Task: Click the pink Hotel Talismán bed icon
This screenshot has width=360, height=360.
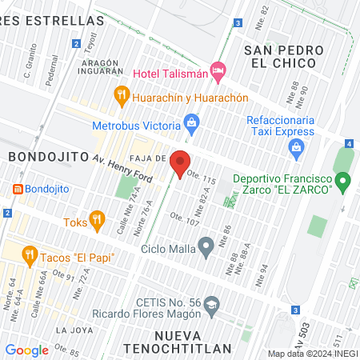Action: click(217, 71)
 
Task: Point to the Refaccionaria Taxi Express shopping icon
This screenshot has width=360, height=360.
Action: click(297, 147)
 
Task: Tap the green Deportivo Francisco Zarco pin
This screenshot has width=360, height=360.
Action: click(343, 183)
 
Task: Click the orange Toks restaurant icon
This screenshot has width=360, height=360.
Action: click(97, 218)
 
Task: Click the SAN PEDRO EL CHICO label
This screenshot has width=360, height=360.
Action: click(283, 58)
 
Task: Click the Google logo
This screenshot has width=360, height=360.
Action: click(26, 350)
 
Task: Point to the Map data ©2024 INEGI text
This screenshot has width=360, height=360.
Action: click(312, 354)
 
